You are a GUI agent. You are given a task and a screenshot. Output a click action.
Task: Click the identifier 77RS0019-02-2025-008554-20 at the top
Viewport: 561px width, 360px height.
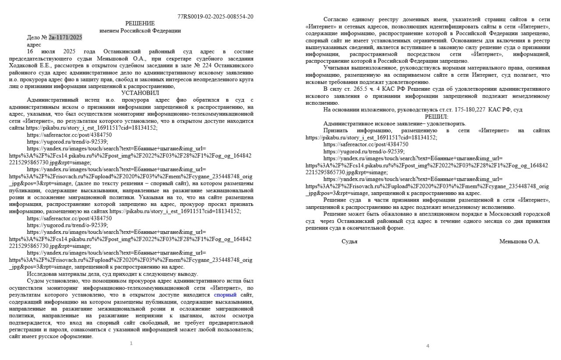pos(215,17)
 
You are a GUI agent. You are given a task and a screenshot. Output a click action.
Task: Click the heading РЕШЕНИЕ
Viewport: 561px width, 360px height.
pos(140,24)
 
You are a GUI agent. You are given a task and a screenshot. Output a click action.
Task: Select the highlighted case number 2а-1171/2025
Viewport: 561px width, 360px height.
pos(65,38)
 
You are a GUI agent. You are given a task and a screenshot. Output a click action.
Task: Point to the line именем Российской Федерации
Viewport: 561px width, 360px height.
pos(140,31)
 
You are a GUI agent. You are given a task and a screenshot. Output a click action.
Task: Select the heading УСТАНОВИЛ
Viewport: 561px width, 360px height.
pos(140,93)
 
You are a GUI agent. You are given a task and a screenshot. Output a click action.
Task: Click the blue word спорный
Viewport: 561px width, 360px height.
pos(225,295)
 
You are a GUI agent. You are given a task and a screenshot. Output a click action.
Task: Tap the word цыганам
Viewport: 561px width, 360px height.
pos(191,316)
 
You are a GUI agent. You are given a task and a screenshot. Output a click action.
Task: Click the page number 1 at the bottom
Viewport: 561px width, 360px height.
pos(131,343)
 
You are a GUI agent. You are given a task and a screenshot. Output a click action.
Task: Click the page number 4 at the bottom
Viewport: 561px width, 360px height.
pos(428,346)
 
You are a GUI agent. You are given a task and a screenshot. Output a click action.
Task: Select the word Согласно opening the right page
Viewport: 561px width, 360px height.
pos(337,19)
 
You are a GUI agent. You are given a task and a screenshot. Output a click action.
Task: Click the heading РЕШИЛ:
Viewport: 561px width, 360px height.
pos(436,117)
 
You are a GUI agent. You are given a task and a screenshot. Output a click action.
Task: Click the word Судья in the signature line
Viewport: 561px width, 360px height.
pos(349,241)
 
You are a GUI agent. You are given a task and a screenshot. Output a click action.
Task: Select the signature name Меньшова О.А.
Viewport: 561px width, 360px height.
pos(519,241)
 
